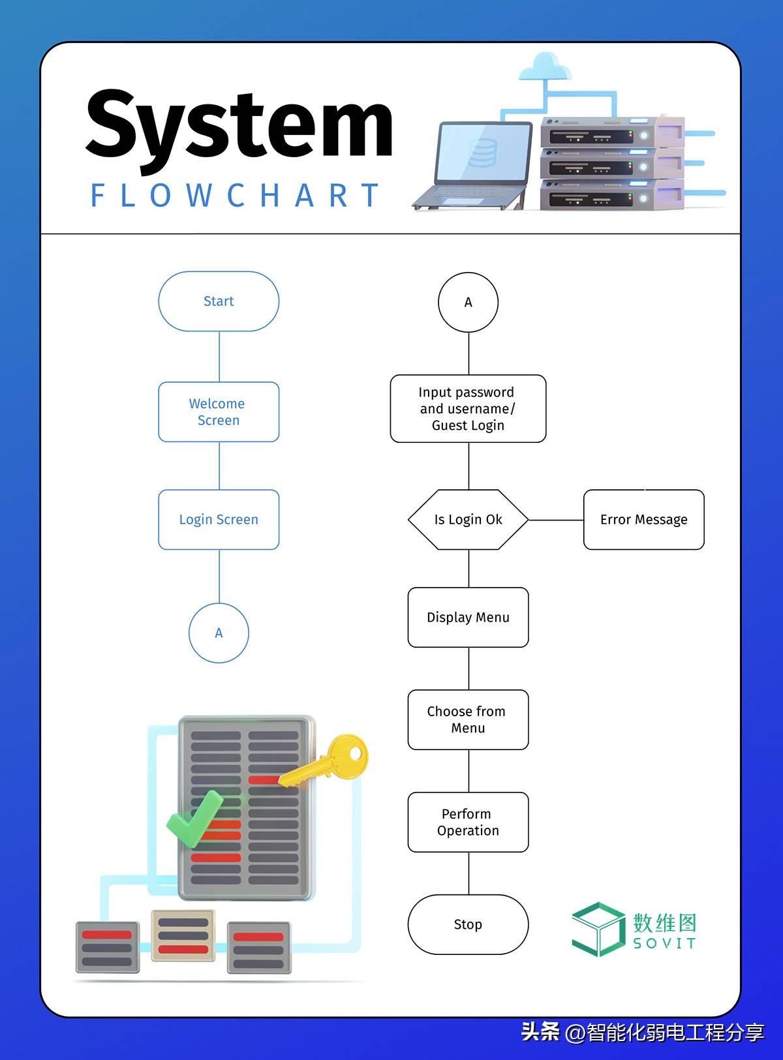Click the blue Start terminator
(219, 301)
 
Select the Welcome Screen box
(219, 412)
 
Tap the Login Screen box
(219, 519)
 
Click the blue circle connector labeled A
(219, 633)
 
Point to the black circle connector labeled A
(468, 302)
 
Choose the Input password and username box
(468, 408)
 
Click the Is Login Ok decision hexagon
(468, 519)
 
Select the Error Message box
(643, 519)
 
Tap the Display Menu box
(468, 617)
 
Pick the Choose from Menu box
(468, 719)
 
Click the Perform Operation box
(468, 822)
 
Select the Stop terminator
(468, 924)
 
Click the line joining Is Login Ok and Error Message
(555, 520)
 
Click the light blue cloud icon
(545, 67)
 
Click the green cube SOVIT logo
(597, 929)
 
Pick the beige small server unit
(183, 935)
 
